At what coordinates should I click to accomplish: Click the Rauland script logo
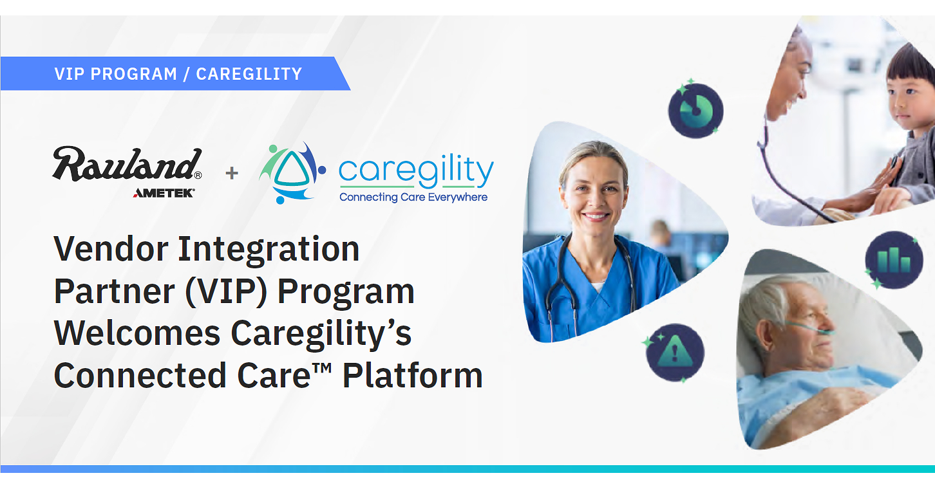127,163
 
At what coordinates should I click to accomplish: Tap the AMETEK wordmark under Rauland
164,193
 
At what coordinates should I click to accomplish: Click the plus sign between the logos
232,172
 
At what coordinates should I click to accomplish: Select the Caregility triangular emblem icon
292,172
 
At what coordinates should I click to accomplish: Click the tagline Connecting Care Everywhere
413,197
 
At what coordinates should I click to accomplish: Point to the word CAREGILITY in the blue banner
249,74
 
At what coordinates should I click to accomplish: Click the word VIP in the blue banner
70,74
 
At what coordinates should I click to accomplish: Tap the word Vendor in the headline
111,249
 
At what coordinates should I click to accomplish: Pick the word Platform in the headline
412,375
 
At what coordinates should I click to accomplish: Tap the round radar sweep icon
696,110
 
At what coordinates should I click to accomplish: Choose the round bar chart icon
894,260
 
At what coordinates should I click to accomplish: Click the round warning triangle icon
675,353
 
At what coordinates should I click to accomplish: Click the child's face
910,100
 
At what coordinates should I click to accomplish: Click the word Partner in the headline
114,291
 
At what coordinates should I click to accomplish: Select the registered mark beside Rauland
198,175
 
